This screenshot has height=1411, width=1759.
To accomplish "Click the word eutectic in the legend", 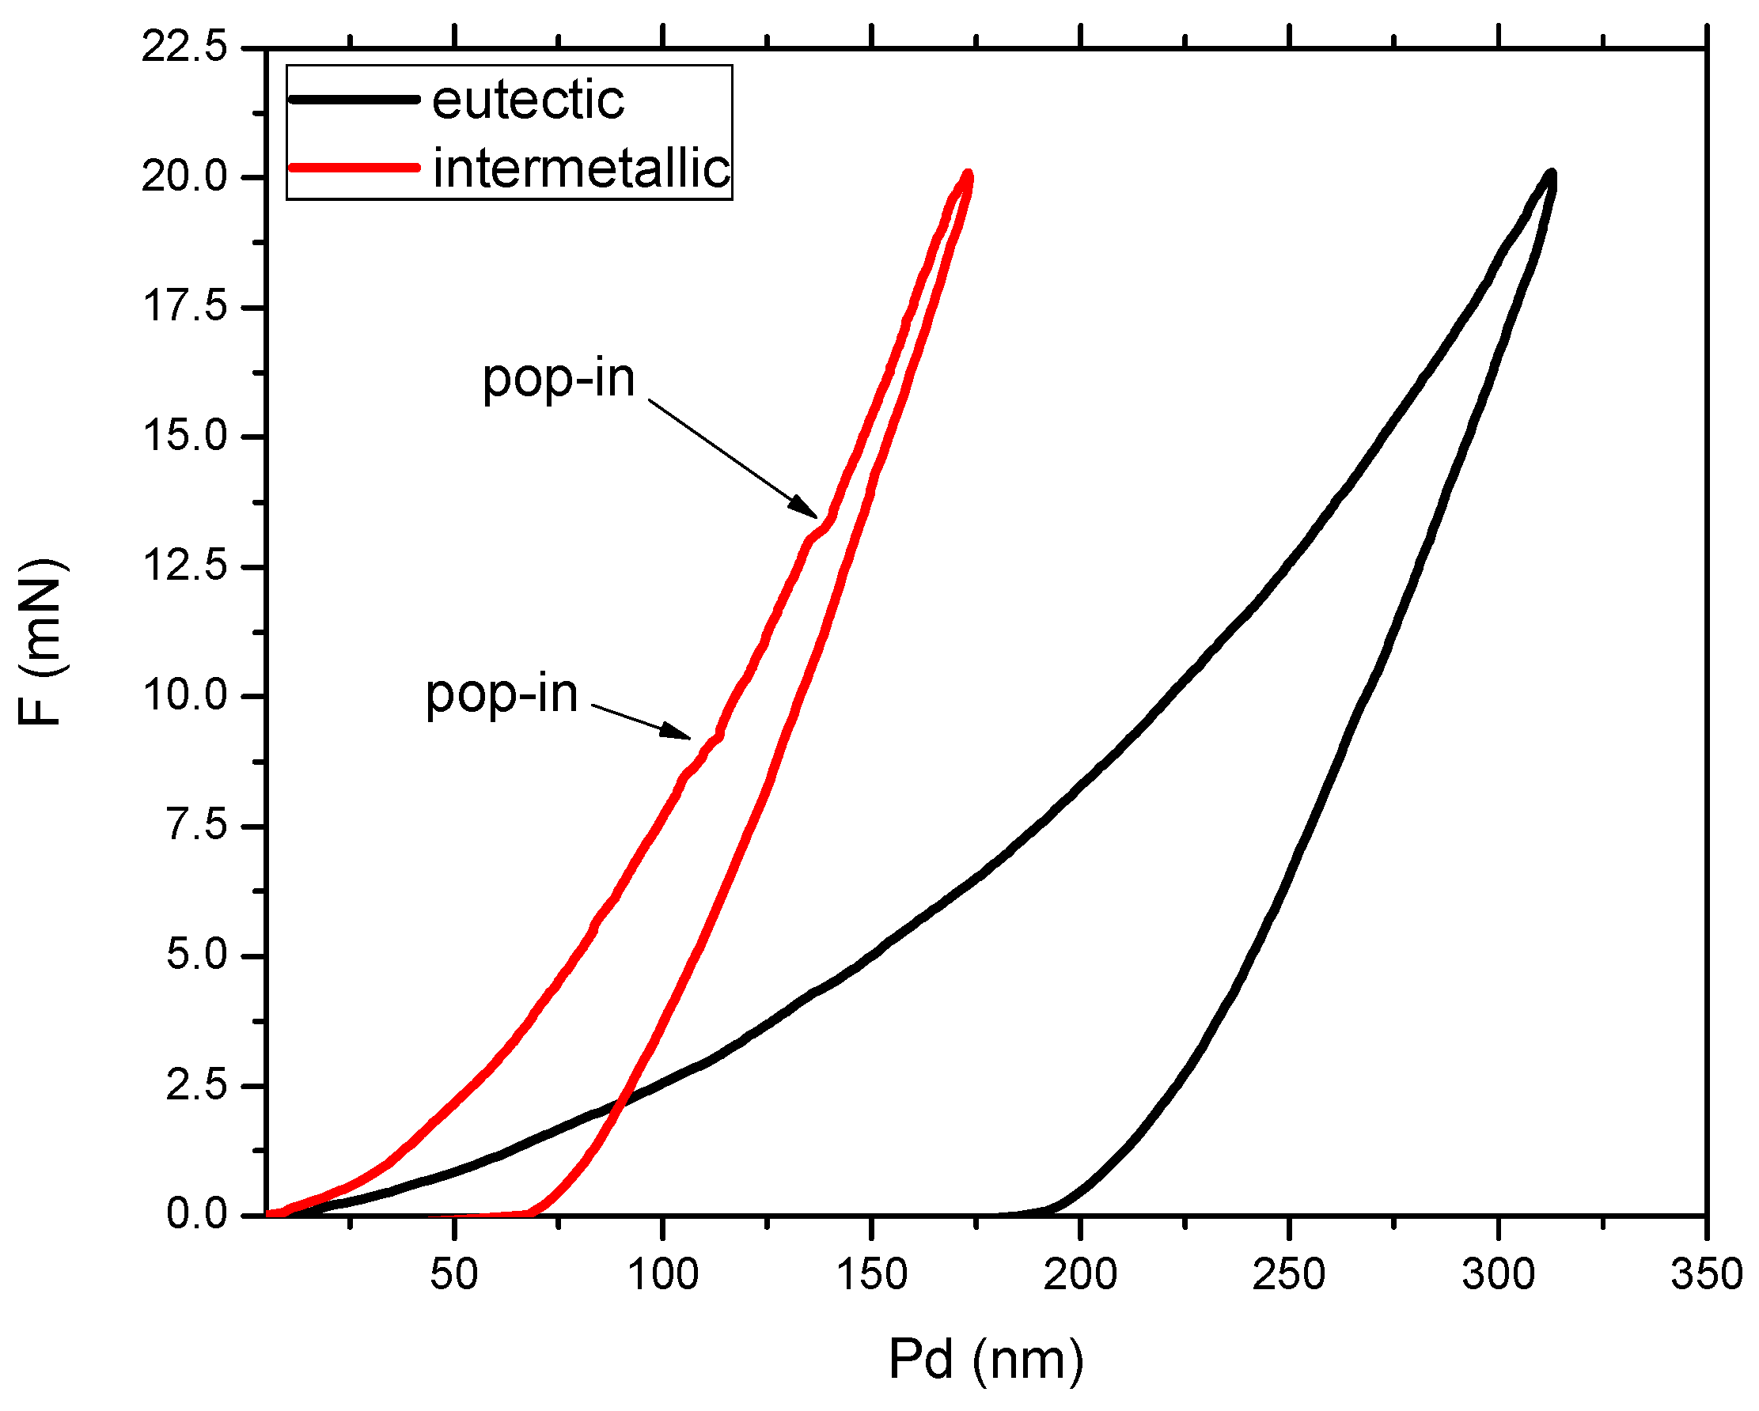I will tap(527, 101).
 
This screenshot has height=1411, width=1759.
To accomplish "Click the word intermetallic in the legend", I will tap(581, 169).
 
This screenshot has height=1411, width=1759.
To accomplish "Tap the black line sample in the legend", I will tap(354, 100).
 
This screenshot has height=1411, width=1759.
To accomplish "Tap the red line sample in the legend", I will tap(354, 167).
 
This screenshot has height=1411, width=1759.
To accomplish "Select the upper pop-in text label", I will tap(558, 380).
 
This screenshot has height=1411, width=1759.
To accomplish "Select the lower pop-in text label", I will tap(501, 695).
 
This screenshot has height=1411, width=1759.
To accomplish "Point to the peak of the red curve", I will tap(968, 175).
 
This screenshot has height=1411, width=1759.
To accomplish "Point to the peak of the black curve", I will tap(1550, 175).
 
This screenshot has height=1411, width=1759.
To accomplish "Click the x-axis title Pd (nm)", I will tap(986, 1360).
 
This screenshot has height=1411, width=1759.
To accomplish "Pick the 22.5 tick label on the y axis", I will tap(184, 48).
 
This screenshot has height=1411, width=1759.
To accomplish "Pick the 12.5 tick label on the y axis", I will tap(184, 566).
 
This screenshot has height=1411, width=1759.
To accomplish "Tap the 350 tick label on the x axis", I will tap(1705, 1274).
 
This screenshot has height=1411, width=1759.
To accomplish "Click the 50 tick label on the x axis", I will tap(453, 1274).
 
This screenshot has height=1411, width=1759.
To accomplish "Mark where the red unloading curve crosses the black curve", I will tap(620, 1105).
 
